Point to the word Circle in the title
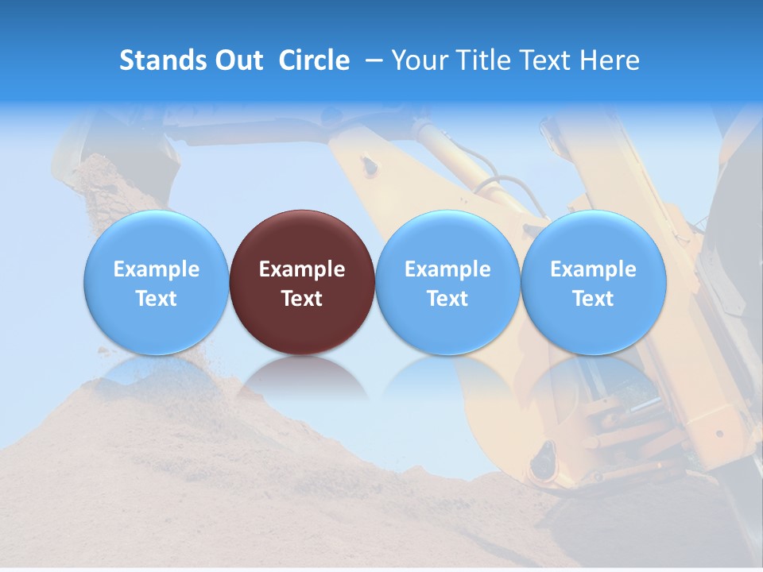pos(314,60)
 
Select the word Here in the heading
pos(610,60)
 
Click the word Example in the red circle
pos(302,269)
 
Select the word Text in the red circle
pos(302,299)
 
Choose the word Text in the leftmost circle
pos(156,299)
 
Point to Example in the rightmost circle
pos(593,269)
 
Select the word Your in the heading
pos(418,60)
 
